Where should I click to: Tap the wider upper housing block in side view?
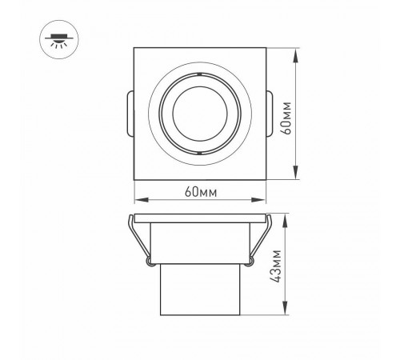(198, 244)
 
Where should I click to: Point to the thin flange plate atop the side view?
(198, 218)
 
